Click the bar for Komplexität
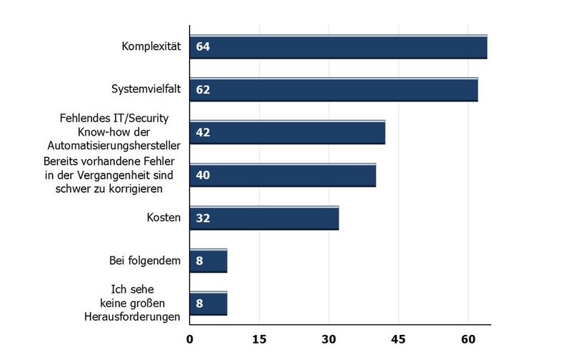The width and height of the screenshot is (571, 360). tap(338, 47)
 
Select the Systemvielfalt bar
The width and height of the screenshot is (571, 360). tap(333, 90)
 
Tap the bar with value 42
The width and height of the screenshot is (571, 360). tap(287, 132)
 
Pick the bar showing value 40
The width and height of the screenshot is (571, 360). tap(283, 175)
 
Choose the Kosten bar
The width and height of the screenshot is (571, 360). tap(264, 218)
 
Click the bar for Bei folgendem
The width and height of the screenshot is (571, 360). tap(208, 261)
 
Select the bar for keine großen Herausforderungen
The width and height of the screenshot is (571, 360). tap(208, 304)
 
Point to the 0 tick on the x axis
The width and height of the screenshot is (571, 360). tap(190, 339)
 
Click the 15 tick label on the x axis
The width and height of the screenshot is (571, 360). tap(259, 339)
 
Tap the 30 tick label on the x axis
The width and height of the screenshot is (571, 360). tap(328, 339)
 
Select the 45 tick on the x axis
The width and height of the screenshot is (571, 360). tap(398, 339)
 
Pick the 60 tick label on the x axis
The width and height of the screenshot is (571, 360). tap(468, 339)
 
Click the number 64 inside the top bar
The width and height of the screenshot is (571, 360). tap(202, 48)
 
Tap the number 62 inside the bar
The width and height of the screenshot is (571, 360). tap(202, 91)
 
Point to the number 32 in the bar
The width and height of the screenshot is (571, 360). tap(202, 219)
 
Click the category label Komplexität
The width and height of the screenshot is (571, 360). tap(151, 47)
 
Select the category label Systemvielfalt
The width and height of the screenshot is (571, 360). tap(146, 89)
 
